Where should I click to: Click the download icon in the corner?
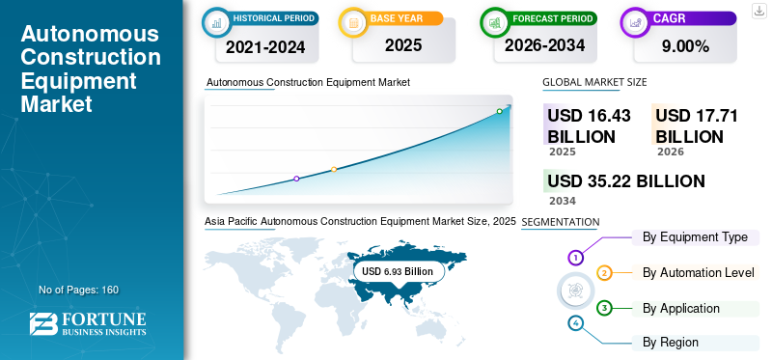click(759, 11)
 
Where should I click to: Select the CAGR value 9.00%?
click(685, 46)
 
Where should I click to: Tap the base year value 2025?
click(403, 45)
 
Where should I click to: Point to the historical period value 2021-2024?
click(265, 47)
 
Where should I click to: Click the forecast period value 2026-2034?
click(544, 45)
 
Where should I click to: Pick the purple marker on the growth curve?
click(296, 179)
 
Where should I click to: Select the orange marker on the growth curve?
click(334, 170)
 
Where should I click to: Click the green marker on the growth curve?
click(499, 111)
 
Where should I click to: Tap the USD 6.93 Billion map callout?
click(398, 271)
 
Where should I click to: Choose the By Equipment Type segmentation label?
click(695, 237)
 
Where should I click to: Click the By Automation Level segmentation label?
click(698, 272)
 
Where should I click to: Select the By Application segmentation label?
click(681, 309)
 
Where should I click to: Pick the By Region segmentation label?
click(670, 343)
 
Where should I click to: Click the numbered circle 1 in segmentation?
click(575, 257)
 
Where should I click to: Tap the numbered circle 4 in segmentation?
click(575, 323)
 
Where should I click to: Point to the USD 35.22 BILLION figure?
click(626, 181)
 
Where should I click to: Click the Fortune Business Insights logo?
click(88, 324)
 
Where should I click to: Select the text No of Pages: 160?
click(79, 290)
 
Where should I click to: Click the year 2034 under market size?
click(563, 201)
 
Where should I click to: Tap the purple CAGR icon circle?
click(635, 22)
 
